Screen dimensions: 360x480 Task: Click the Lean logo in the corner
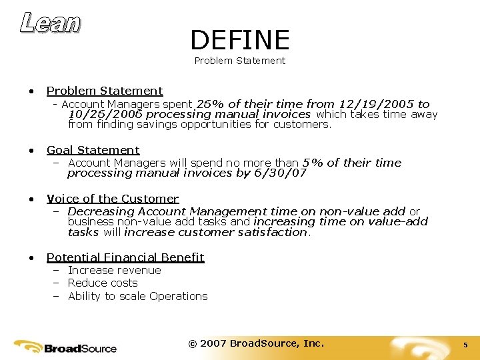(51, 23)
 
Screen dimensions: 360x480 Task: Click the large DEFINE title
(240, 41)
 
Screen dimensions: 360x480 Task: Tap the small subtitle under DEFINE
(240, 61)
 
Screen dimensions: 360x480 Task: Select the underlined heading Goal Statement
(93, 150)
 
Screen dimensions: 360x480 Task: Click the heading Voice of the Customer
(112, 199)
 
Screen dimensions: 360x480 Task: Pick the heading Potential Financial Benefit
(125, 257)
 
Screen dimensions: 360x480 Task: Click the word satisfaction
(273, 232)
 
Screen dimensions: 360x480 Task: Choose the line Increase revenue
(114, 270)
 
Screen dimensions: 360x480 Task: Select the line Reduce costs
(103, 283)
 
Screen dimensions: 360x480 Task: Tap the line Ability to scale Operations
(137, 296)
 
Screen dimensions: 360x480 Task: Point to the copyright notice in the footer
(256, 343)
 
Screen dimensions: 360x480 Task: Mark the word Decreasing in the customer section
(100, 211)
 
